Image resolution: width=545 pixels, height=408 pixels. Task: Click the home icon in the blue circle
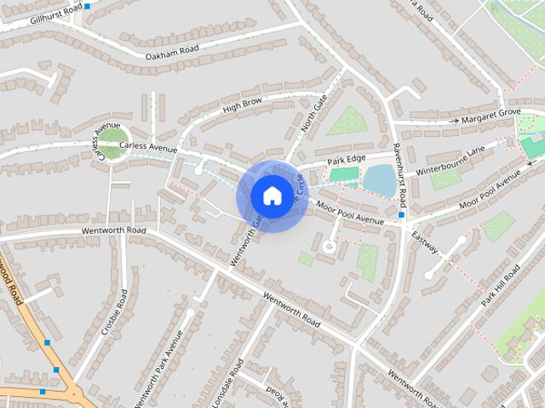[271, 195]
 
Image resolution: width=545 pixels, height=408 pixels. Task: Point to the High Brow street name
[242, 105]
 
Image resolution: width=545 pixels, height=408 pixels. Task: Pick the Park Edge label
[347, 160]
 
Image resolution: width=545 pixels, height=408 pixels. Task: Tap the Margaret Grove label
[496, 113]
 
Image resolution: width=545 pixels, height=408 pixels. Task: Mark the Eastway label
[424, 241]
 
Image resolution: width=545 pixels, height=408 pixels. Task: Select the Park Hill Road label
[500, 286]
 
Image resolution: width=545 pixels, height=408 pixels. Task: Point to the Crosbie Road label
[114, 311]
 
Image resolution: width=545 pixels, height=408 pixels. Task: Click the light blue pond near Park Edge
[379, 180]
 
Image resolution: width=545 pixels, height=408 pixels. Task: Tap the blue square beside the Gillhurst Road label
[87, 6]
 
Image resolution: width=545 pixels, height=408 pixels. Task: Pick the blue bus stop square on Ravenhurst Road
[401, 216]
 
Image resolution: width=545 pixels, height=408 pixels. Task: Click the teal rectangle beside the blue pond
[344, 174]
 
